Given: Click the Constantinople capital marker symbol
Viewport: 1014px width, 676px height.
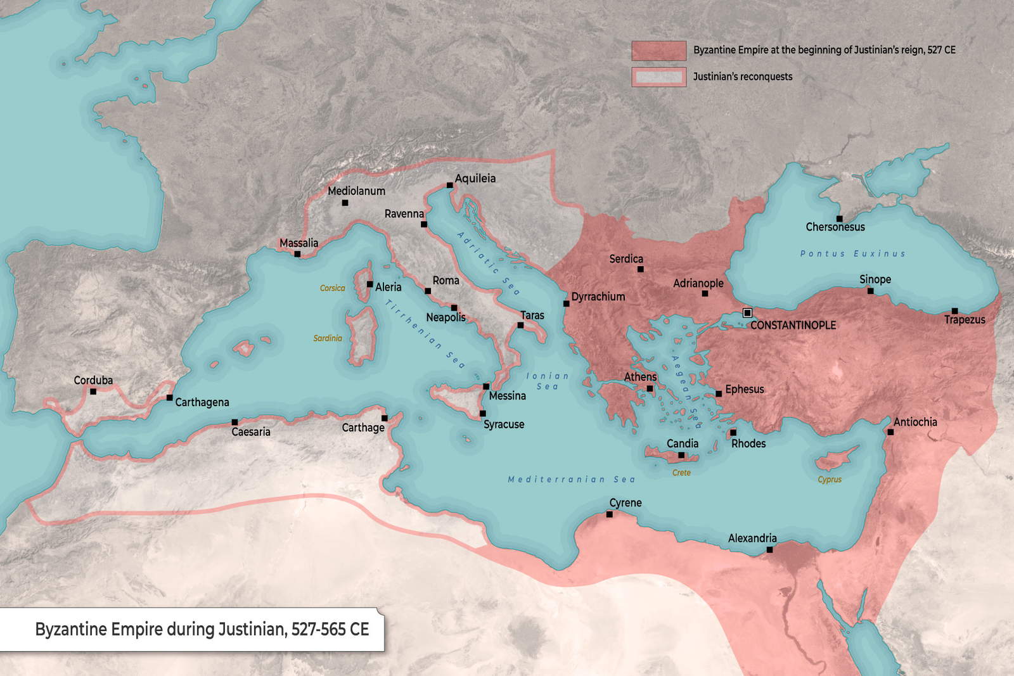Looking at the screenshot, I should (747, 313).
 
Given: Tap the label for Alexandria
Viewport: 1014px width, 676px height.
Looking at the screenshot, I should (752, 538).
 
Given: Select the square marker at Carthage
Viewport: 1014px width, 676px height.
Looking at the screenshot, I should (384, 418).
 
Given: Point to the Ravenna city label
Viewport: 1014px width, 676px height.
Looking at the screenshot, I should (404, 214).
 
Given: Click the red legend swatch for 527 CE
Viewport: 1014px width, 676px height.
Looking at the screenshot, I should (658, 51).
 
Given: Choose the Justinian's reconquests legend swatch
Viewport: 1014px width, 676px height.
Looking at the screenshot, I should (658, 77).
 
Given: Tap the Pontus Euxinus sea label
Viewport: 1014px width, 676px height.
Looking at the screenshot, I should (852, 253).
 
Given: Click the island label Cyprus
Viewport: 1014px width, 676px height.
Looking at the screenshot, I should (829, 480).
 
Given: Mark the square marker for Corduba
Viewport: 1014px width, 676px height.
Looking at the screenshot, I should (93, 392).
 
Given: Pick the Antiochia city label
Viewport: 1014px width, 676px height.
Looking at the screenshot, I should (915, 422).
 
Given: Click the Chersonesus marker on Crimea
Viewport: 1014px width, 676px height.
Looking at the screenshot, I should (839, 219).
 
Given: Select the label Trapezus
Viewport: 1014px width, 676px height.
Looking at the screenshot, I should (965, 320).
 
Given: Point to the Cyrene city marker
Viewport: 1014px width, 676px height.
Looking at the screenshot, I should (609, 514).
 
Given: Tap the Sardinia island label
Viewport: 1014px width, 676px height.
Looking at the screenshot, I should (327, 338).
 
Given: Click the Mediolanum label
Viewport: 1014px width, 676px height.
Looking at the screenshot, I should (356, 191).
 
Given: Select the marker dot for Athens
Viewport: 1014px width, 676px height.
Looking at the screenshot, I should (650, 389).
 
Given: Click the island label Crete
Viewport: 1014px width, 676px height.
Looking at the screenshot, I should (681, 473).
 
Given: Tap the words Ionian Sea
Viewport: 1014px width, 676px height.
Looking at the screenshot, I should (548, 381).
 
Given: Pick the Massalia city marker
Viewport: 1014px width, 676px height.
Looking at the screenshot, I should (297, 254).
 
